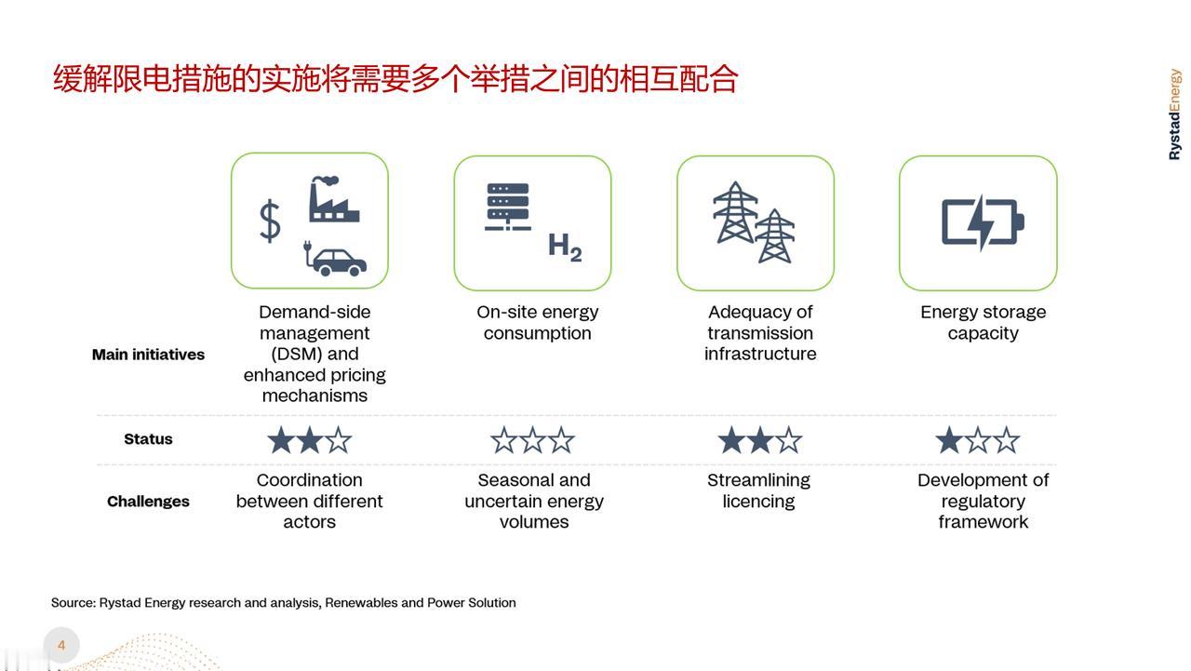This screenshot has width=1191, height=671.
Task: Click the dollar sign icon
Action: coord(270,221)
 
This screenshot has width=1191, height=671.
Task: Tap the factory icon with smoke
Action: coord(333,199)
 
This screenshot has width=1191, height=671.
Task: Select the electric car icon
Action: coord(335,258)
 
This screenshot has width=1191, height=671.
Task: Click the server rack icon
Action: coord(508,207)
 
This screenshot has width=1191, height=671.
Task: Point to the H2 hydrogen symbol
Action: coord(565,248)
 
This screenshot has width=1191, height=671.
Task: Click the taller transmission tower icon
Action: coord(735,212)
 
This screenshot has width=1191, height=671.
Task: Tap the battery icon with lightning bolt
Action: coord(984,221)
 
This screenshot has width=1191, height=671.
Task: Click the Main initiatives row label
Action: coord(148,355)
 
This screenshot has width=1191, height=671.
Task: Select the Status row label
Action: coord(148,439)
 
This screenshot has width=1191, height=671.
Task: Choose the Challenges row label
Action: coord(148,502)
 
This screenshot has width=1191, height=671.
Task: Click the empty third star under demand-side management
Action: coord(338,440)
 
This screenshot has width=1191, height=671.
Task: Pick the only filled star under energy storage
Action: coord(949,440)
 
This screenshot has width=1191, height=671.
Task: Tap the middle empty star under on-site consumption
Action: coord(532,440)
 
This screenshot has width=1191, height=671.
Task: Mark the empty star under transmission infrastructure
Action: coord(788,440)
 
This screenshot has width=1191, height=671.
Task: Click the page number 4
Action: coord(61,646)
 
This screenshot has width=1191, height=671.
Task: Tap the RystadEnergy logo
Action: coord(1174,114)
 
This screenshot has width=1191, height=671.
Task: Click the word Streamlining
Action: coord(758,480)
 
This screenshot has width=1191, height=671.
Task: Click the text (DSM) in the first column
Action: coord(296,354)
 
